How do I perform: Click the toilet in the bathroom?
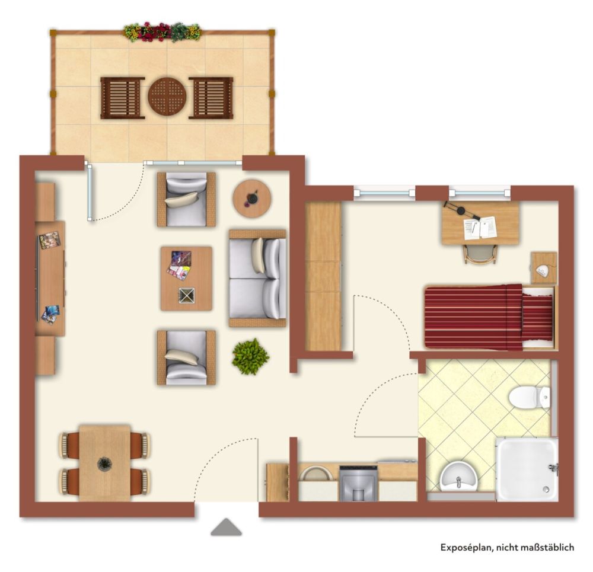coord(529,397)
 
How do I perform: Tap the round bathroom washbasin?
coord(458,477)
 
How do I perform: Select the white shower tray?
coord(527,469)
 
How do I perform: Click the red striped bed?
coord(490,317)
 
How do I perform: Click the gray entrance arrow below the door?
coord(226,527)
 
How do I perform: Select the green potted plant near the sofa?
coord(250,356)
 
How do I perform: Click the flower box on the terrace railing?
coord(162,32)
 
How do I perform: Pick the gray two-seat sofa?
coord(257,278)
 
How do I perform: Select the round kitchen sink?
coord(316,474)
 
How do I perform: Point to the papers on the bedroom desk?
coord(480,228)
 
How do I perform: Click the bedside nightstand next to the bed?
coord(544,268)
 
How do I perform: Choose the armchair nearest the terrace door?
coord(186,199)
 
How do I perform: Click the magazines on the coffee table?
coord(178,266)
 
